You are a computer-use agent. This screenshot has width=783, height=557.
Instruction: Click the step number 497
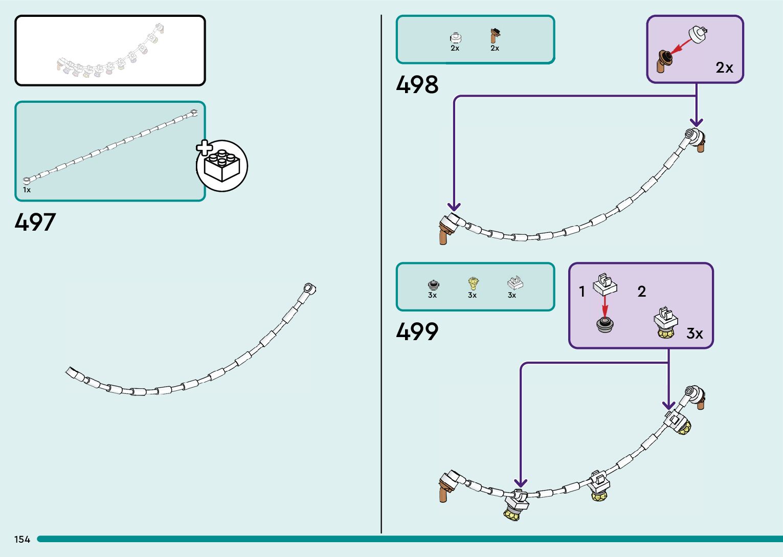coord(35,222)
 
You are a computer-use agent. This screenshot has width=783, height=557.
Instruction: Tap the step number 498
coord(417,85)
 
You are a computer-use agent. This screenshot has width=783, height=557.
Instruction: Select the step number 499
coord(417,331)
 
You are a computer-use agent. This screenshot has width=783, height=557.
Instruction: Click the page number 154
coord(22,540)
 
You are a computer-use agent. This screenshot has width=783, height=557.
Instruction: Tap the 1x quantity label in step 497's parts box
coord(27,190)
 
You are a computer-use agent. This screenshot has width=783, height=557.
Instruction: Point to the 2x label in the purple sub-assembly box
coord(724,68)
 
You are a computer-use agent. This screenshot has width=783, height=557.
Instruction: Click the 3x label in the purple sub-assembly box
coord(694,333)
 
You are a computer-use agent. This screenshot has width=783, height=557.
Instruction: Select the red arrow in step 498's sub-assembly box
coord(680,47)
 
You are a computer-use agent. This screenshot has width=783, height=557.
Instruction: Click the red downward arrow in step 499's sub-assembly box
coord(605,306)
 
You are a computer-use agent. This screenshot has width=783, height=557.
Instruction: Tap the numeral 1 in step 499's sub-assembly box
coord(581,292)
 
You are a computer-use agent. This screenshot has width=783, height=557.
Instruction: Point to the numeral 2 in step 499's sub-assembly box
coord(641,292)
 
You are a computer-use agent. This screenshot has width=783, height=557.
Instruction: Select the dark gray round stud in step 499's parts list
coord(433,284)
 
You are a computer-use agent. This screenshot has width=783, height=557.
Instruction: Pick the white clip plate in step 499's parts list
coord(514,282)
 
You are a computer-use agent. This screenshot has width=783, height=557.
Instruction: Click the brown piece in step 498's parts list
coord(494,36)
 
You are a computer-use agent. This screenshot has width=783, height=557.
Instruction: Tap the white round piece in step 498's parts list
coord(455,37)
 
